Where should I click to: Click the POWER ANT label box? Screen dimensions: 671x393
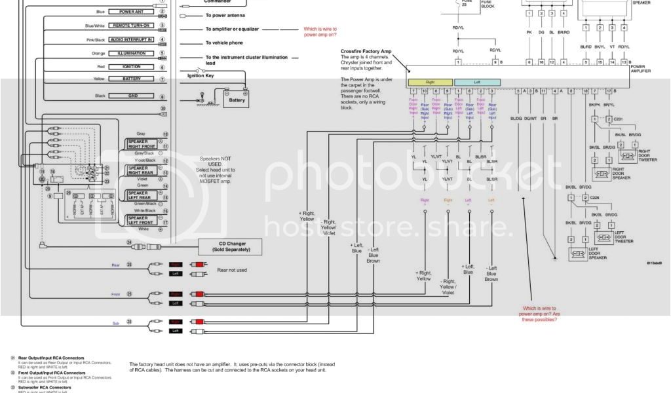tap(131, 12)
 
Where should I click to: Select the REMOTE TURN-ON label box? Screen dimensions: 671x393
tap(131, 26)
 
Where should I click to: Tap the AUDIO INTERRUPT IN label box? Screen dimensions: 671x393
tap(131, 39)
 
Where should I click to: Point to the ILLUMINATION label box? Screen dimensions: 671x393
tap(131, 53)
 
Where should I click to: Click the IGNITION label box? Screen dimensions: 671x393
tap(131, 67)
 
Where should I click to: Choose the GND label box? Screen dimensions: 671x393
tap(131, 96)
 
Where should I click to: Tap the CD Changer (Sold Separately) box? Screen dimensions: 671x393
tap(231, 246)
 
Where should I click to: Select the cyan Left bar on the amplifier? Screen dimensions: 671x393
tap(468, 83)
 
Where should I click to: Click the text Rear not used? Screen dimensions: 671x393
tap(232, 269)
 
